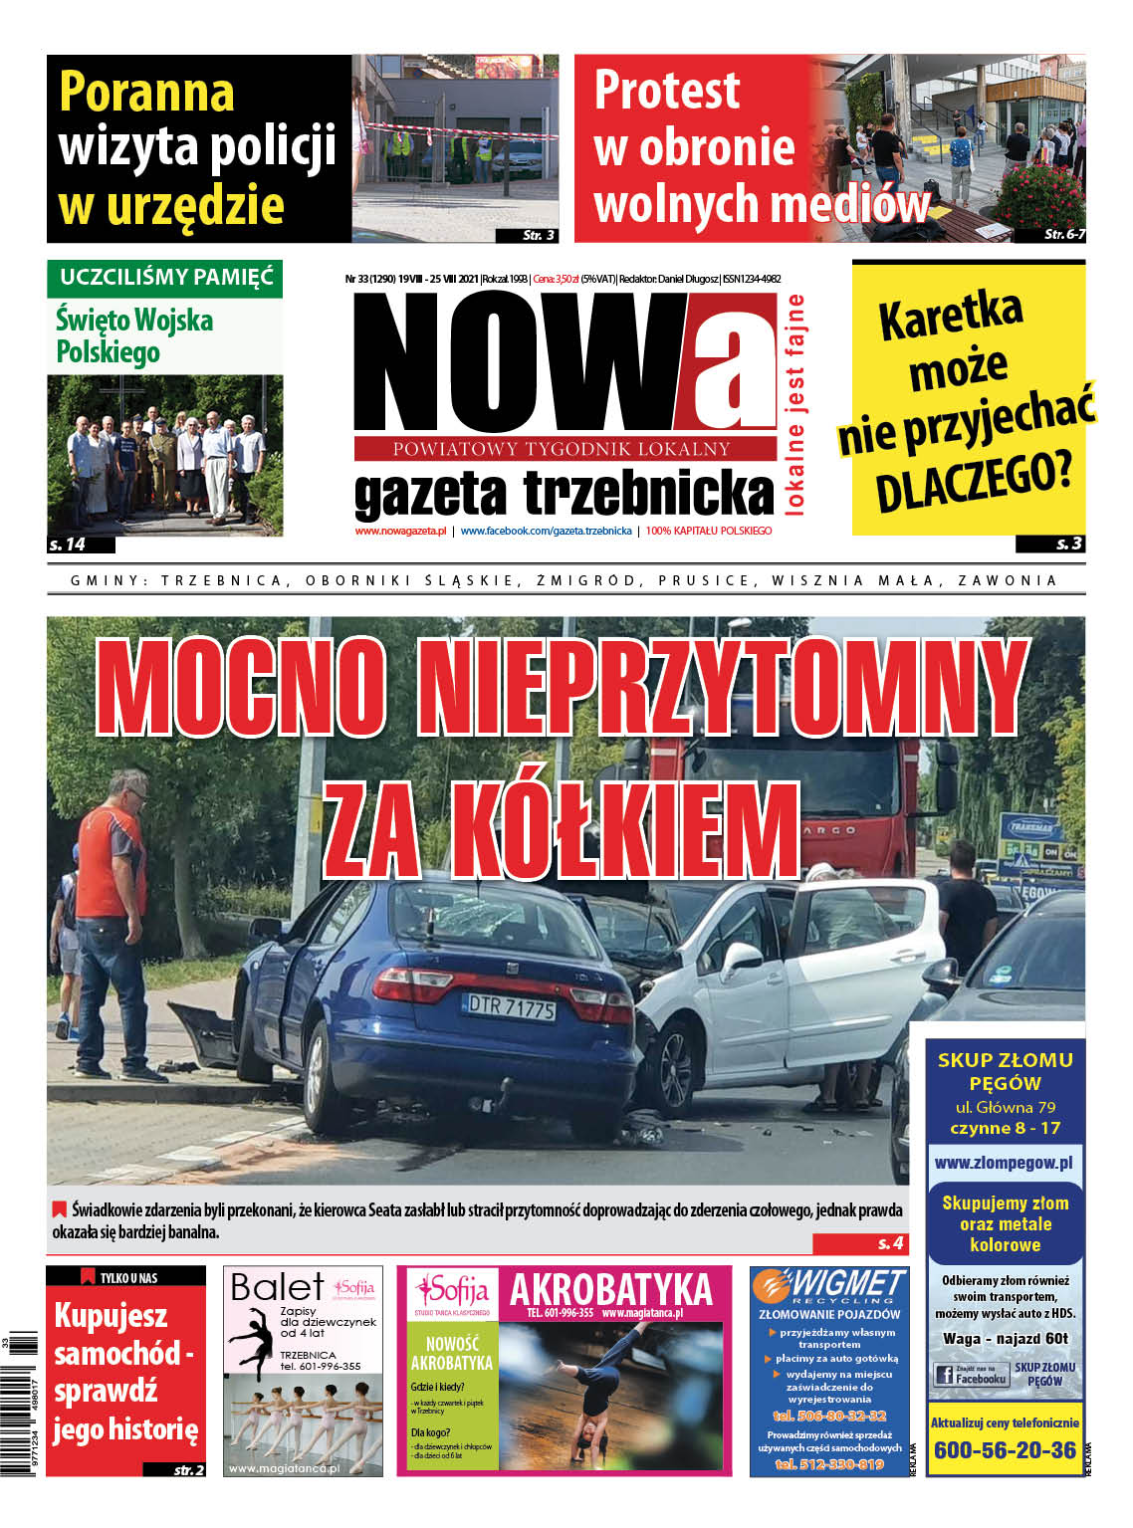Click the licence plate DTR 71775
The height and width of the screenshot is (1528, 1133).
click(512, 1006)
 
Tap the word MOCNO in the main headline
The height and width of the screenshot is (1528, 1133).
click(241, 687)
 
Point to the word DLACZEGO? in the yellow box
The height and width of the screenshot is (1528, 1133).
click(974, 482)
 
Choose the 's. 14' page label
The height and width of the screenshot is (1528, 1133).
click(69, 545)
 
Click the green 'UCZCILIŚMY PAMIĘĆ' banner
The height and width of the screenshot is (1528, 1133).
click(165, 278)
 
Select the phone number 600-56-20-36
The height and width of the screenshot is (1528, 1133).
click(1004, 1450)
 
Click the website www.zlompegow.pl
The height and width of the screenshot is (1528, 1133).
click(1004, 1163)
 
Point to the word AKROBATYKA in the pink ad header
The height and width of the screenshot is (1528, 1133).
click(611, 1290)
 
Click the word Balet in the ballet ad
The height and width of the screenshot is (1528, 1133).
click(276, 1287)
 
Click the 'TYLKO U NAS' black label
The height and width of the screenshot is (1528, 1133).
click(126, 1277)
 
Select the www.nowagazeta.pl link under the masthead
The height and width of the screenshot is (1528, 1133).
click(400, 532)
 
